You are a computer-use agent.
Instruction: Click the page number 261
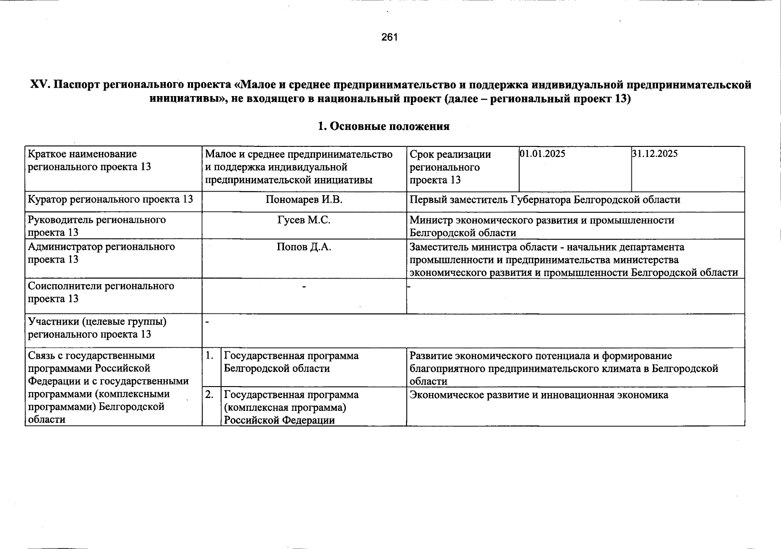click(x=390, y=38)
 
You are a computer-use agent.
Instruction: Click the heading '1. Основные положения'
click(x=384, y=126)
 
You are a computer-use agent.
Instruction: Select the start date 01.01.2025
click(x=542, y=154)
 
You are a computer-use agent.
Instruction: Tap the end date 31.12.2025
click(x=655, y=154)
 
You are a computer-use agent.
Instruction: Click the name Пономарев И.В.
click(x=304, y=199)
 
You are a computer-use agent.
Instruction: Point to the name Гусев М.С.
click(x=304, y=220)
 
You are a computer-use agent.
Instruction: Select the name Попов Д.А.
click(x=304, y=247)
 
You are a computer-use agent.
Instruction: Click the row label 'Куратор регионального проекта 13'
click(x=110, y=199)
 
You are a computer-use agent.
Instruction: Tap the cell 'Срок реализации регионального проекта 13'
click(x=450, y=167)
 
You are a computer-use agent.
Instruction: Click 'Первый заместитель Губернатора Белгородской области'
click(x=545, y=200)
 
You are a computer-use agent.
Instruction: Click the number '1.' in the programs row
click(x=210, y=355)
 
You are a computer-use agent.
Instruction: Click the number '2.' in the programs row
click(x=210, y=395)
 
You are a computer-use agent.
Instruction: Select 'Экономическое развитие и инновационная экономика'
click(x=539, y=395)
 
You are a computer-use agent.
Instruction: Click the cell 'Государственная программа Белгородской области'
click(x=291, y=362)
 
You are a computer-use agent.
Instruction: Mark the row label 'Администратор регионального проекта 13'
click(x=101, y=253)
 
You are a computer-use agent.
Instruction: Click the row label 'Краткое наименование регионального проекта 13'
click(x=89, y=161)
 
